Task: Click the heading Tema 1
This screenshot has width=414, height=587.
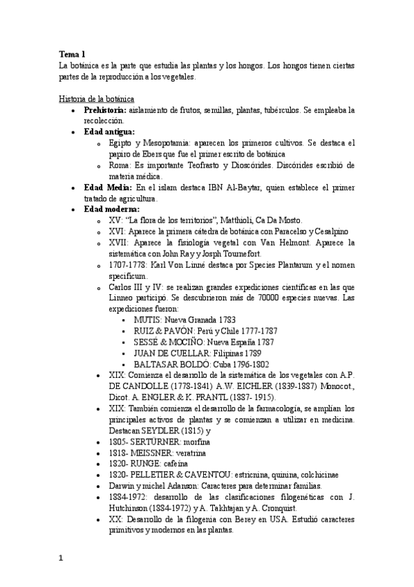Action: point(73,53)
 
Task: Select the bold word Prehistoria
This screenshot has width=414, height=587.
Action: point(104,110)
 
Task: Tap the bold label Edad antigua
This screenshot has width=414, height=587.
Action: point(109,132)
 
